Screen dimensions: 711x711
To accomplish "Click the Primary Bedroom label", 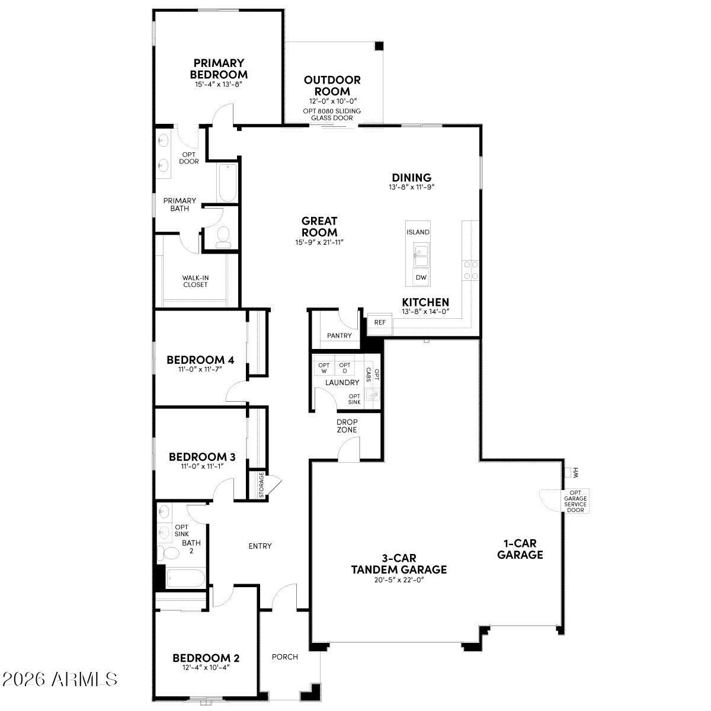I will [219, 69].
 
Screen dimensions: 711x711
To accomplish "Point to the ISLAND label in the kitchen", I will [418, 232].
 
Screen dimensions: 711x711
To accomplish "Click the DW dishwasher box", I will [421, 277].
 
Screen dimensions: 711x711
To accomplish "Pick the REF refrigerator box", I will [379, 322].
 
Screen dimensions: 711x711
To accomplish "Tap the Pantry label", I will [339, 335].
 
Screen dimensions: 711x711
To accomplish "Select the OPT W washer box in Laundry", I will [324, 368].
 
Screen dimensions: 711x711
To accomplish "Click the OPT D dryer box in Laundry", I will [345, 368].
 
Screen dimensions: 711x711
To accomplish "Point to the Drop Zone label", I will [347, 425].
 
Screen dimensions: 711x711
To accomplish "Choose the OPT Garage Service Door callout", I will [575, 501].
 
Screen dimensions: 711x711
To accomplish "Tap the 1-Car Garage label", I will [520, 549].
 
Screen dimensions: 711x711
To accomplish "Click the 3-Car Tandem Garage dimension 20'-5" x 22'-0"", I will [398, 580].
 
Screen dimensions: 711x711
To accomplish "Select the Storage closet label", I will [261, 485].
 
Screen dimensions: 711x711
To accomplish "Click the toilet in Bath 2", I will [169, 553].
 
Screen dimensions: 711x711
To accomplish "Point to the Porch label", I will [284, 656].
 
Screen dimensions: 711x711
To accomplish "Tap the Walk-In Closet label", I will [195, 281].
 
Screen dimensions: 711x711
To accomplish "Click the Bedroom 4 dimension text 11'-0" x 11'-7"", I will [200, 369].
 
